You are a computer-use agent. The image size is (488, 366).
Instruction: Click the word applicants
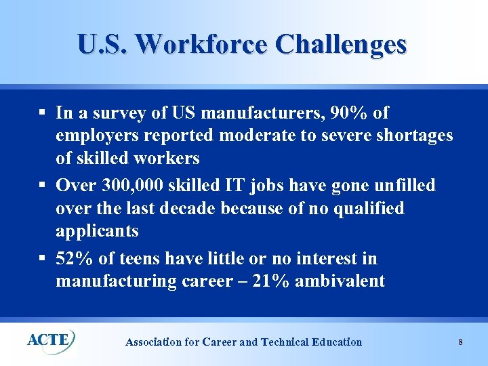(x=97, y=231)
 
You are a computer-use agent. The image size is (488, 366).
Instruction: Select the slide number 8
(x=460, y=342)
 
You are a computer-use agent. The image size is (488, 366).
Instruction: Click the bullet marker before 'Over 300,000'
(x=42, y=185)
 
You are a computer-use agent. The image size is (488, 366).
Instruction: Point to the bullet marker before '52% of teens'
(x=42, y=258)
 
